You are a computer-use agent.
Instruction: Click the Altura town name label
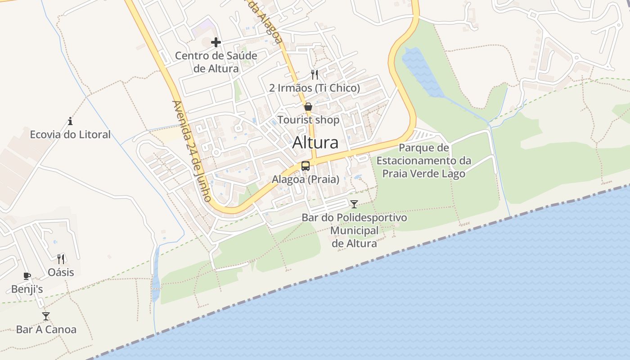pos(315,143)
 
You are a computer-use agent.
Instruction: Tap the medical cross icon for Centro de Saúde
pos(216,42)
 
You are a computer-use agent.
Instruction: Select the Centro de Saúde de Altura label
pos(216,62)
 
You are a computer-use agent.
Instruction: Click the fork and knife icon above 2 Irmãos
pos(315,75)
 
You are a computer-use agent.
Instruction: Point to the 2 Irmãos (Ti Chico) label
pos(315,88)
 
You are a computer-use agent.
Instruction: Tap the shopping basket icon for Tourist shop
pos(308,107)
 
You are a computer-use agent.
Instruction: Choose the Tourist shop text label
pos(308,120)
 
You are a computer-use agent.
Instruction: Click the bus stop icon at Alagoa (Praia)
pos(306,166)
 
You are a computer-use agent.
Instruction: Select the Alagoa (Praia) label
pos(306,179)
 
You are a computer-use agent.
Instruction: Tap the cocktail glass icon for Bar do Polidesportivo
pos(354,204)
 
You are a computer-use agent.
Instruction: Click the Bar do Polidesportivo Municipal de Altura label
pos(354,230)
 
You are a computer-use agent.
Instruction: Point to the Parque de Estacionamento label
pos(424,161)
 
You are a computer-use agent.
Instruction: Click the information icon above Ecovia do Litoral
pos(70,121)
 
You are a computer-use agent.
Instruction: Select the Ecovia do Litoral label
pos(70,134)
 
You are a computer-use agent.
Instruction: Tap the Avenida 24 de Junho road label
pos(192,151)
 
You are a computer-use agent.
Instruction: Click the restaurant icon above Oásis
pos(61,259)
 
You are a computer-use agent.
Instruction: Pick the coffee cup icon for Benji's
pos(27,276)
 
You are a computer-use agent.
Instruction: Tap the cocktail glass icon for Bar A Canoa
pos(46,316)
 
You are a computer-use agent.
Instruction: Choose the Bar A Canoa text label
pos(46,329)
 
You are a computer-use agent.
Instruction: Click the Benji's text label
pos(27,289)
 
